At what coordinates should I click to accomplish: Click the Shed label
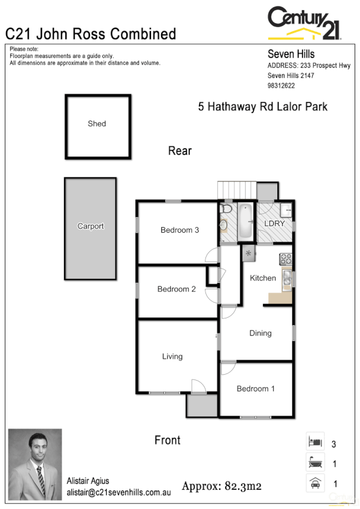coord(96,124)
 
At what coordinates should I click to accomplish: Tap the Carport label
coord(90,227)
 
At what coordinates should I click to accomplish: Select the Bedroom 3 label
coord(179,230)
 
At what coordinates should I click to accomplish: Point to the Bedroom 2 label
coord(176,290)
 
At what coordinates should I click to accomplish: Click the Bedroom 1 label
coord(256,389)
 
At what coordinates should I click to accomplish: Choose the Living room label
coord(172,357)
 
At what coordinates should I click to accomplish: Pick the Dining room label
coord(260,333)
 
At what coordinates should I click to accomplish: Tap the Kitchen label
coord(262,278)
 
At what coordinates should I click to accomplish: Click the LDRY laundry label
coord(275,224)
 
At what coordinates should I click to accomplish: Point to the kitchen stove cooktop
coord(285,260)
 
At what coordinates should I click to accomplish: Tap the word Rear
coord(180,150)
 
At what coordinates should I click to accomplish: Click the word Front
coord(167,440)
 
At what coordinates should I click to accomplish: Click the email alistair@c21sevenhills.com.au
coord(119,492)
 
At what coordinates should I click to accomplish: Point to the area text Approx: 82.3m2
coord(223,486)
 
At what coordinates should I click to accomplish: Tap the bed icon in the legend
coord(315,442)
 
